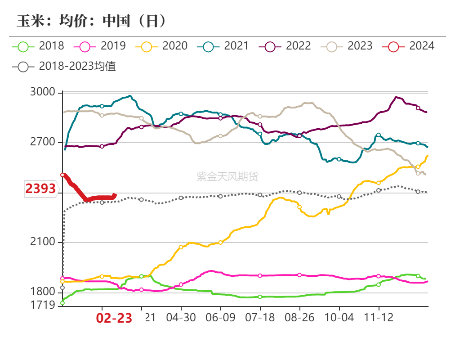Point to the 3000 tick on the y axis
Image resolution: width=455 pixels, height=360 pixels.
pyautogui.click(x=43, y=93)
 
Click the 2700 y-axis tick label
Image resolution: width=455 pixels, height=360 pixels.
pyautogui.click(x=43, y=143)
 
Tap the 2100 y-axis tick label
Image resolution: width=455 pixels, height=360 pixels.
pyautogui.click(x=43, y=243)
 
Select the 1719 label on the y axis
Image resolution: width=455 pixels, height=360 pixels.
pyautogui.click(x=43, y=306)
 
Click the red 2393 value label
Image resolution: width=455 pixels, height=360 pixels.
pyautogui.click(x=40, y=189)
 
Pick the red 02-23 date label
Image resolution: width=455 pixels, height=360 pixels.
pyautogui.click(x=114, y=319)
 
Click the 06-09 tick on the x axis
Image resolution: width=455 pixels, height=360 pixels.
pyautogui.click(x=220, y=318)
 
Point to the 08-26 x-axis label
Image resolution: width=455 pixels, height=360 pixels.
pyautogui.click(x=299, y=318)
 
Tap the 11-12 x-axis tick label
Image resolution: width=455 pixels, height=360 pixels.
pyautogui.click(x=379, y=318)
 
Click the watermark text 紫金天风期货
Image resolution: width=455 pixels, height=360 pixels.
pyautogui.click(x=227, y=177)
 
